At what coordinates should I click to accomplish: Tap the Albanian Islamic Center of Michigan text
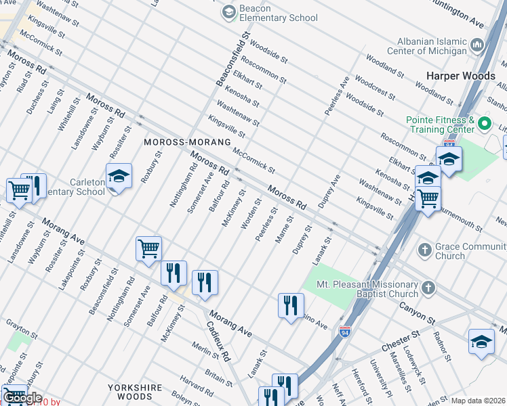[x=427, y=45]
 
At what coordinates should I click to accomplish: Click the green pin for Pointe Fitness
[x=484, y=124]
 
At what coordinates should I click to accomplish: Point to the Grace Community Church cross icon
[x=424, y=250]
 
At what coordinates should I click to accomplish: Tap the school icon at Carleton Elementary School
[x=119, y=177]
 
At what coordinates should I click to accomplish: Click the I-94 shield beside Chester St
[x=344, y=332]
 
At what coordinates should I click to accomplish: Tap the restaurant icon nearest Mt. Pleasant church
[x=290, y=305]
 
